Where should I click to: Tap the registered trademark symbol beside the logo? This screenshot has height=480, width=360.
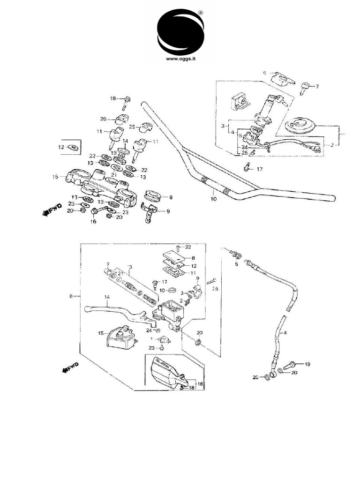(201, 14)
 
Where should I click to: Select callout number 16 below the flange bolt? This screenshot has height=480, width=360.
(93, 222)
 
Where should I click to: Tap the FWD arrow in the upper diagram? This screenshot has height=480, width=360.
(47, 213)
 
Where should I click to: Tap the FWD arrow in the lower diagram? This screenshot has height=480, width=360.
(71, 367)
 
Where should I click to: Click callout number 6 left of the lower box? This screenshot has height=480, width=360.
(71, 296)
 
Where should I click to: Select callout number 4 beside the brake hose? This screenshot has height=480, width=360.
(285, 333)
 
